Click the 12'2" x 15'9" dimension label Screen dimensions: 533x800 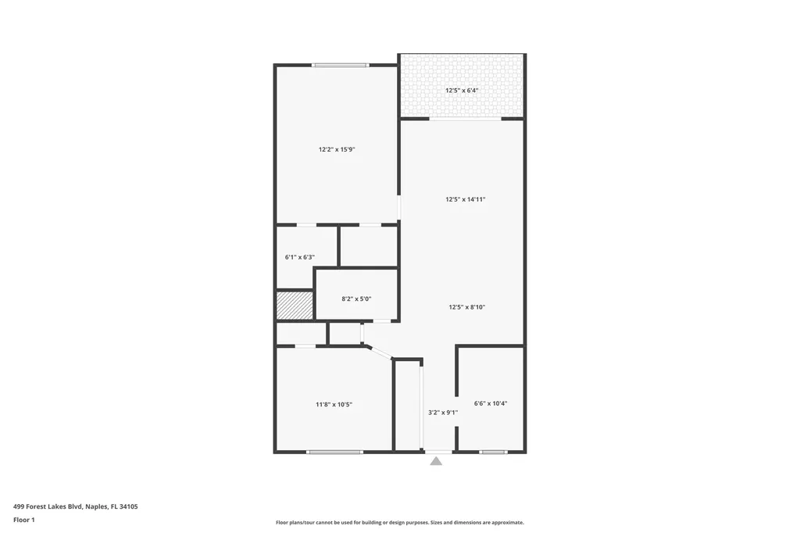pos(337,149)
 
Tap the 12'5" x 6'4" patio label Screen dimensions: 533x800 pos(462,91)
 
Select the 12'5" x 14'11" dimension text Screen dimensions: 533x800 pos(466,199)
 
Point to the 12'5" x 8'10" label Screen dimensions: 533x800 pos(466,307)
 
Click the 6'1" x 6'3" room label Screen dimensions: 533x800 pos(300,256)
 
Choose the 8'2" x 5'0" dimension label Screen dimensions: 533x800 pos(357,299)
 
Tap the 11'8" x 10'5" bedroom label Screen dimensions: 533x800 pos(334,404)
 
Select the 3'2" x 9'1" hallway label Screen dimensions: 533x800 pos(443,412)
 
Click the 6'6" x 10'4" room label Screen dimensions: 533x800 pos(491,403)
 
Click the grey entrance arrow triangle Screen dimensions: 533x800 pos(436,461)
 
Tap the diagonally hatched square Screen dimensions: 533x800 pos(295,305)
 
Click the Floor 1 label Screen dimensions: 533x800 pos(24,520)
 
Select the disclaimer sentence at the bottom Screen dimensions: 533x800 pos(399,523)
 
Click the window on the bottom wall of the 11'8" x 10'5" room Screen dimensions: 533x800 pos(334,452)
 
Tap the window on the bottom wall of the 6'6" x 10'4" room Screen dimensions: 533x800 pos(493,452)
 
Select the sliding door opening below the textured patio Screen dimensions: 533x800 pos(465,119)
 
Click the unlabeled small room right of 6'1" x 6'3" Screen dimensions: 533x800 pos(369,246)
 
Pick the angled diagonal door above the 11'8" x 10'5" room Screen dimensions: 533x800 pos(379,352)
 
